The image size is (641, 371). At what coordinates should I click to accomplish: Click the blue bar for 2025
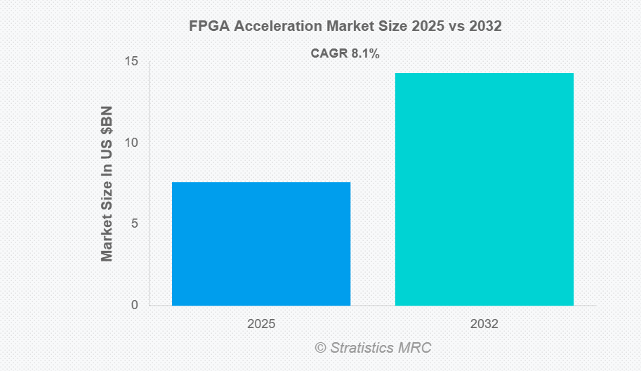[x=260, y=243]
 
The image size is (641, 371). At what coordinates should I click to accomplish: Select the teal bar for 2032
[x=484, y=189]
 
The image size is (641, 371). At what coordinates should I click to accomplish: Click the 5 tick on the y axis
[x=135, y=224]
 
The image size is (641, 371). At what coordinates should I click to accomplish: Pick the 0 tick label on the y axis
[x=135, y=305]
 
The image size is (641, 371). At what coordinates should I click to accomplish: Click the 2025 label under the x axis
[x=260, y=325]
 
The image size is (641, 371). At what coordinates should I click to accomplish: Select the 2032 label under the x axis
[x=484, y=325]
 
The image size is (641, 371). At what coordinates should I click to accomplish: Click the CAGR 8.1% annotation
[x=345, y=53]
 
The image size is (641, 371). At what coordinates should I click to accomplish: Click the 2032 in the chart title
[x=486, y=27]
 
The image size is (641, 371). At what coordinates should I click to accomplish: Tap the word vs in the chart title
[x=458, y=27]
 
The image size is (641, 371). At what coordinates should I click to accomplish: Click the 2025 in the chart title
[x=428, y=27]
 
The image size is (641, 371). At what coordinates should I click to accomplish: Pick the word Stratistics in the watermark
[x=362, y=347]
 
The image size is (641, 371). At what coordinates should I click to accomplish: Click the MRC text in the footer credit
[x=415, y=347]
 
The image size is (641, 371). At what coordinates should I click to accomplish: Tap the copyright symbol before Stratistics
[x=320, y=347]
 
